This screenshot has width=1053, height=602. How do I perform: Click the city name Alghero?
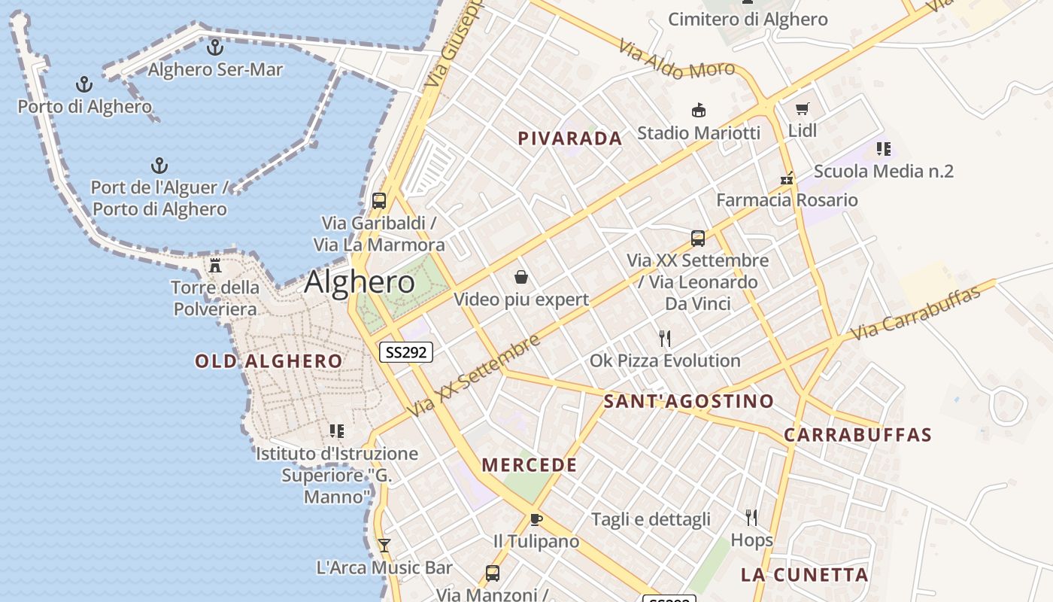tap(360, 282)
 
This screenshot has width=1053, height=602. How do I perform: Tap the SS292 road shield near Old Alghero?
tap(406, 351)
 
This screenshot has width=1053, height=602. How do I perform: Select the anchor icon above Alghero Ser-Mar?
tap(215, 47)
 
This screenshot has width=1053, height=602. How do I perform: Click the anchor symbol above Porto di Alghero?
tap(84, 84)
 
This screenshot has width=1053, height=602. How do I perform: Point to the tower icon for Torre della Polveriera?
tap(215, 265)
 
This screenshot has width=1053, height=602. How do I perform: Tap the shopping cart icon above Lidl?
tap(802, 109)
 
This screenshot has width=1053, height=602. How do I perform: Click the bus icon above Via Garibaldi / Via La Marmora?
tap(379, 201)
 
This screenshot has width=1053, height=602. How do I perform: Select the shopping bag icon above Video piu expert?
tap(520, 278)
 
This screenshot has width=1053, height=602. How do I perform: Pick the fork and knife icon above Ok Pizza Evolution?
tap(664, 338)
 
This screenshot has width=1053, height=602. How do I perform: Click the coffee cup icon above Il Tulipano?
tap(536, 519)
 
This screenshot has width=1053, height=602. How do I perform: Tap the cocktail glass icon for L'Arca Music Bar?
tap(384, 545)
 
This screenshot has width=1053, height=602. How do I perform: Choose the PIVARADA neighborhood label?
tap(570, 138)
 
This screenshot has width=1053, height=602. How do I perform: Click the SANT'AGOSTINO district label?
tap(688, 401)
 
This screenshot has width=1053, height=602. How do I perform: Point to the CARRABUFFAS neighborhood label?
tap(857, 435)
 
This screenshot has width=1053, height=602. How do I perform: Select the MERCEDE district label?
tap(530, 465)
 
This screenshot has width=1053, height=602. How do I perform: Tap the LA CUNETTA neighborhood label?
tap(804, 576)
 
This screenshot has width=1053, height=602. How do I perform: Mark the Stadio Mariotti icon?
tap(699, 111)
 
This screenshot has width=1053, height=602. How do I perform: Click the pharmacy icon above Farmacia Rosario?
tap(787, 179)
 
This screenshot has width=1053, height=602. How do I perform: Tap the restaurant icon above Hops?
tap(751, 517)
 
